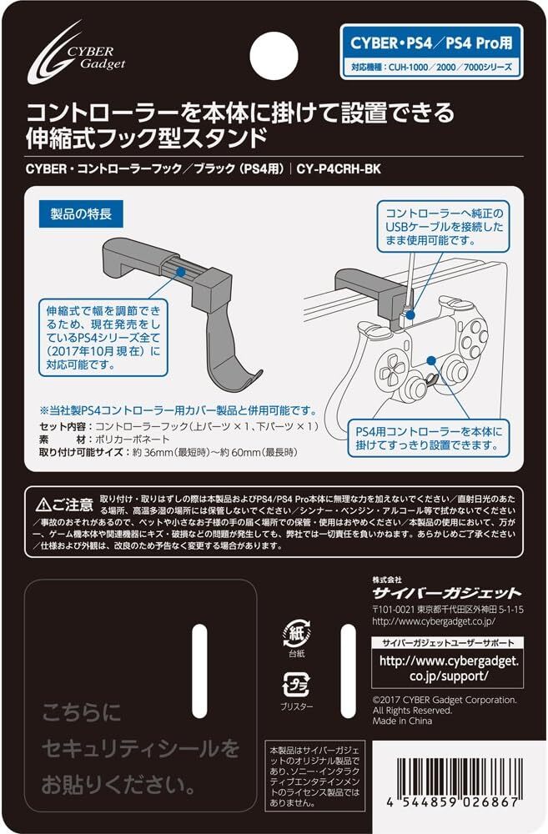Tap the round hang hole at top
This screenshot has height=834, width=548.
point(274,50)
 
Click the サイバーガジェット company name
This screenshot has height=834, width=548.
point(446,592)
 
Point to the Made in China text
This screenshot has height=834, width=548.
point(402,721)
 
